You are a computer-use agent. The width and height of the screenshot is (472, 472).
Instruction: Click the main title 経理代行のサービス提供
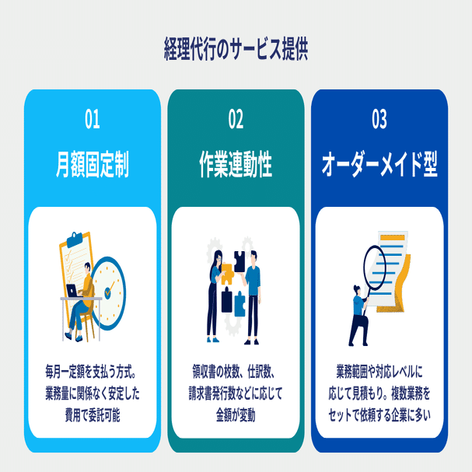click(236, 48)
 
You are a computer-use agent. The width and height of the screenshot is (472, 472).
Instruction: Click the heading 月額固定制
click(93, 165)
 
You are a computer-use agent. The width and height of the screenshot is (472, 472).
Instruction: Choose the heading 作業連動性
click(236, 165)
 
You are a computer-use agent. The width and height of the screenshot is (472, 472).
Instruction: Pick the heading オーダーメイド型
click(379, 165)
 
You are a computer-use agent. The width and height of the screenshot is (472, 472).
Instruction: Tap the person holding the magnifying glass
click(358, 315)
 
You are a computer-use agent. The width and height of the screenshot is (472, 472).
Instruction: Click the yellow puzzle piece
click(227, 271)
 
